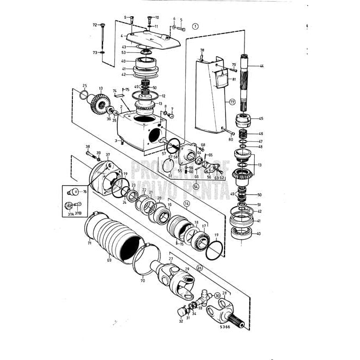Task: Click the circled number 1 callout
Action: coord(195,25)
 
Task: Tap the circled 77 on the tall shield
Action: coord(217,101)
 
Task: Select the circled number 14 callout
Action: coord(187,203)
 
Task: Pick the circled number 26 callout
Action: coord(199,267)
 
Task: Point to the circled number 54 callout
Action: coord(196,186)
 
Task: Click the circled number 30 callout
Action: coord(218,295)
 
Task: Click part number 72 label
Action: coord(94,25)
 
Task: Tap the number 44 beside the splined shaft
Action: coord(262,66)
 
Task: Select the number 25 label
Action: coord(85,86)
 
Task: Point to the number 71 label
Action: coord(90,243)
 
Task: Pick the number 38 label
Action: coord(87,146)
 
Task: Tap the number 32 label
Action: coord(181,321)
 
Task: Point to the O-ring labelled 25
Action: coord(83,96)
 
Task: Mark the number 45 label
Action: coord(262,119)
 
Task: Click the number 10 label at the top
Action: coord(157,17)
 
